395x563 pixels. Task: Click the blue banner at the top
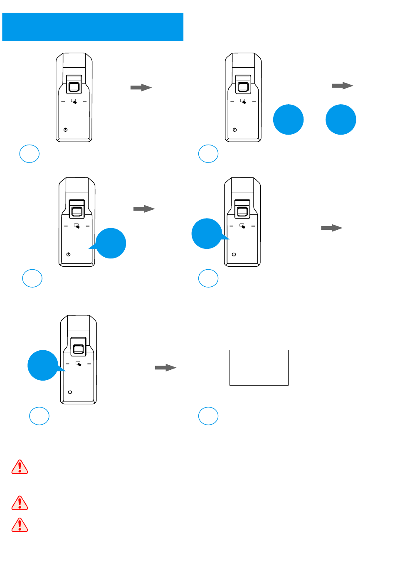tap(93, 27)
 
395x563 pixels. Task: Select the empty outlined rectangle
tap(259, 367)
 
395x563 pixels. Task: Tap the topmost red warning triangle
tap(20, 467)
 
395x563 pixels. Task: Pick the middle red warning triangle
tap(20, 503)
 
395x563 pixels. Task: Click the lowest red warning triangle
tap(20, 525)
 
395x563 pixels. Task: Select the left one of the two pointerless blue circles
tap(288, 120)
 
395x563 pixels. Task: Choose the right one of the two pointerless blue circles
tap(341, 120)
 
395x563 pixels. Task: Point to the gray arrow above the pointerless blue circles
tap(342, 86)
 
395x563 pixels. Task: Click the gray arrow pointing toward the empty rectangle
tap(165, 367)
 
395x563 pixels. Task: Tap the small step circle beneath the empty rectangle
tap(208, 416)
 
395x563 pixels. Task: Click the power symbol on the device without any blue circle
tap(66, 130)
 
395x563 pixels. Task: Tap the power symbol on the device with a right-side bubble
tap(69, 254)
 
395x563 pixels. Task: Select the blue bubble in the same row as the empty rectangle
tap(43, 365)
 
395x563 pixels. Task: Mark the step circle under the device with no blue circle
tap(30, 154)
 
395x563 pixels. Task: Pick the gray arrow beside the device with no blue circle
tap(141, 87)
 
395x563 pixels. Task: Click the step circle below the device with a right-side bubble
tap(32, 278)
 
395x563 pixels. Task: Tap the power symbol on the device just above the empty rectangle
tap(234, 254)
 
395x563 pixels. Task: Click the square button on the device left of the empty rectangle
tap(79, 349)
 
